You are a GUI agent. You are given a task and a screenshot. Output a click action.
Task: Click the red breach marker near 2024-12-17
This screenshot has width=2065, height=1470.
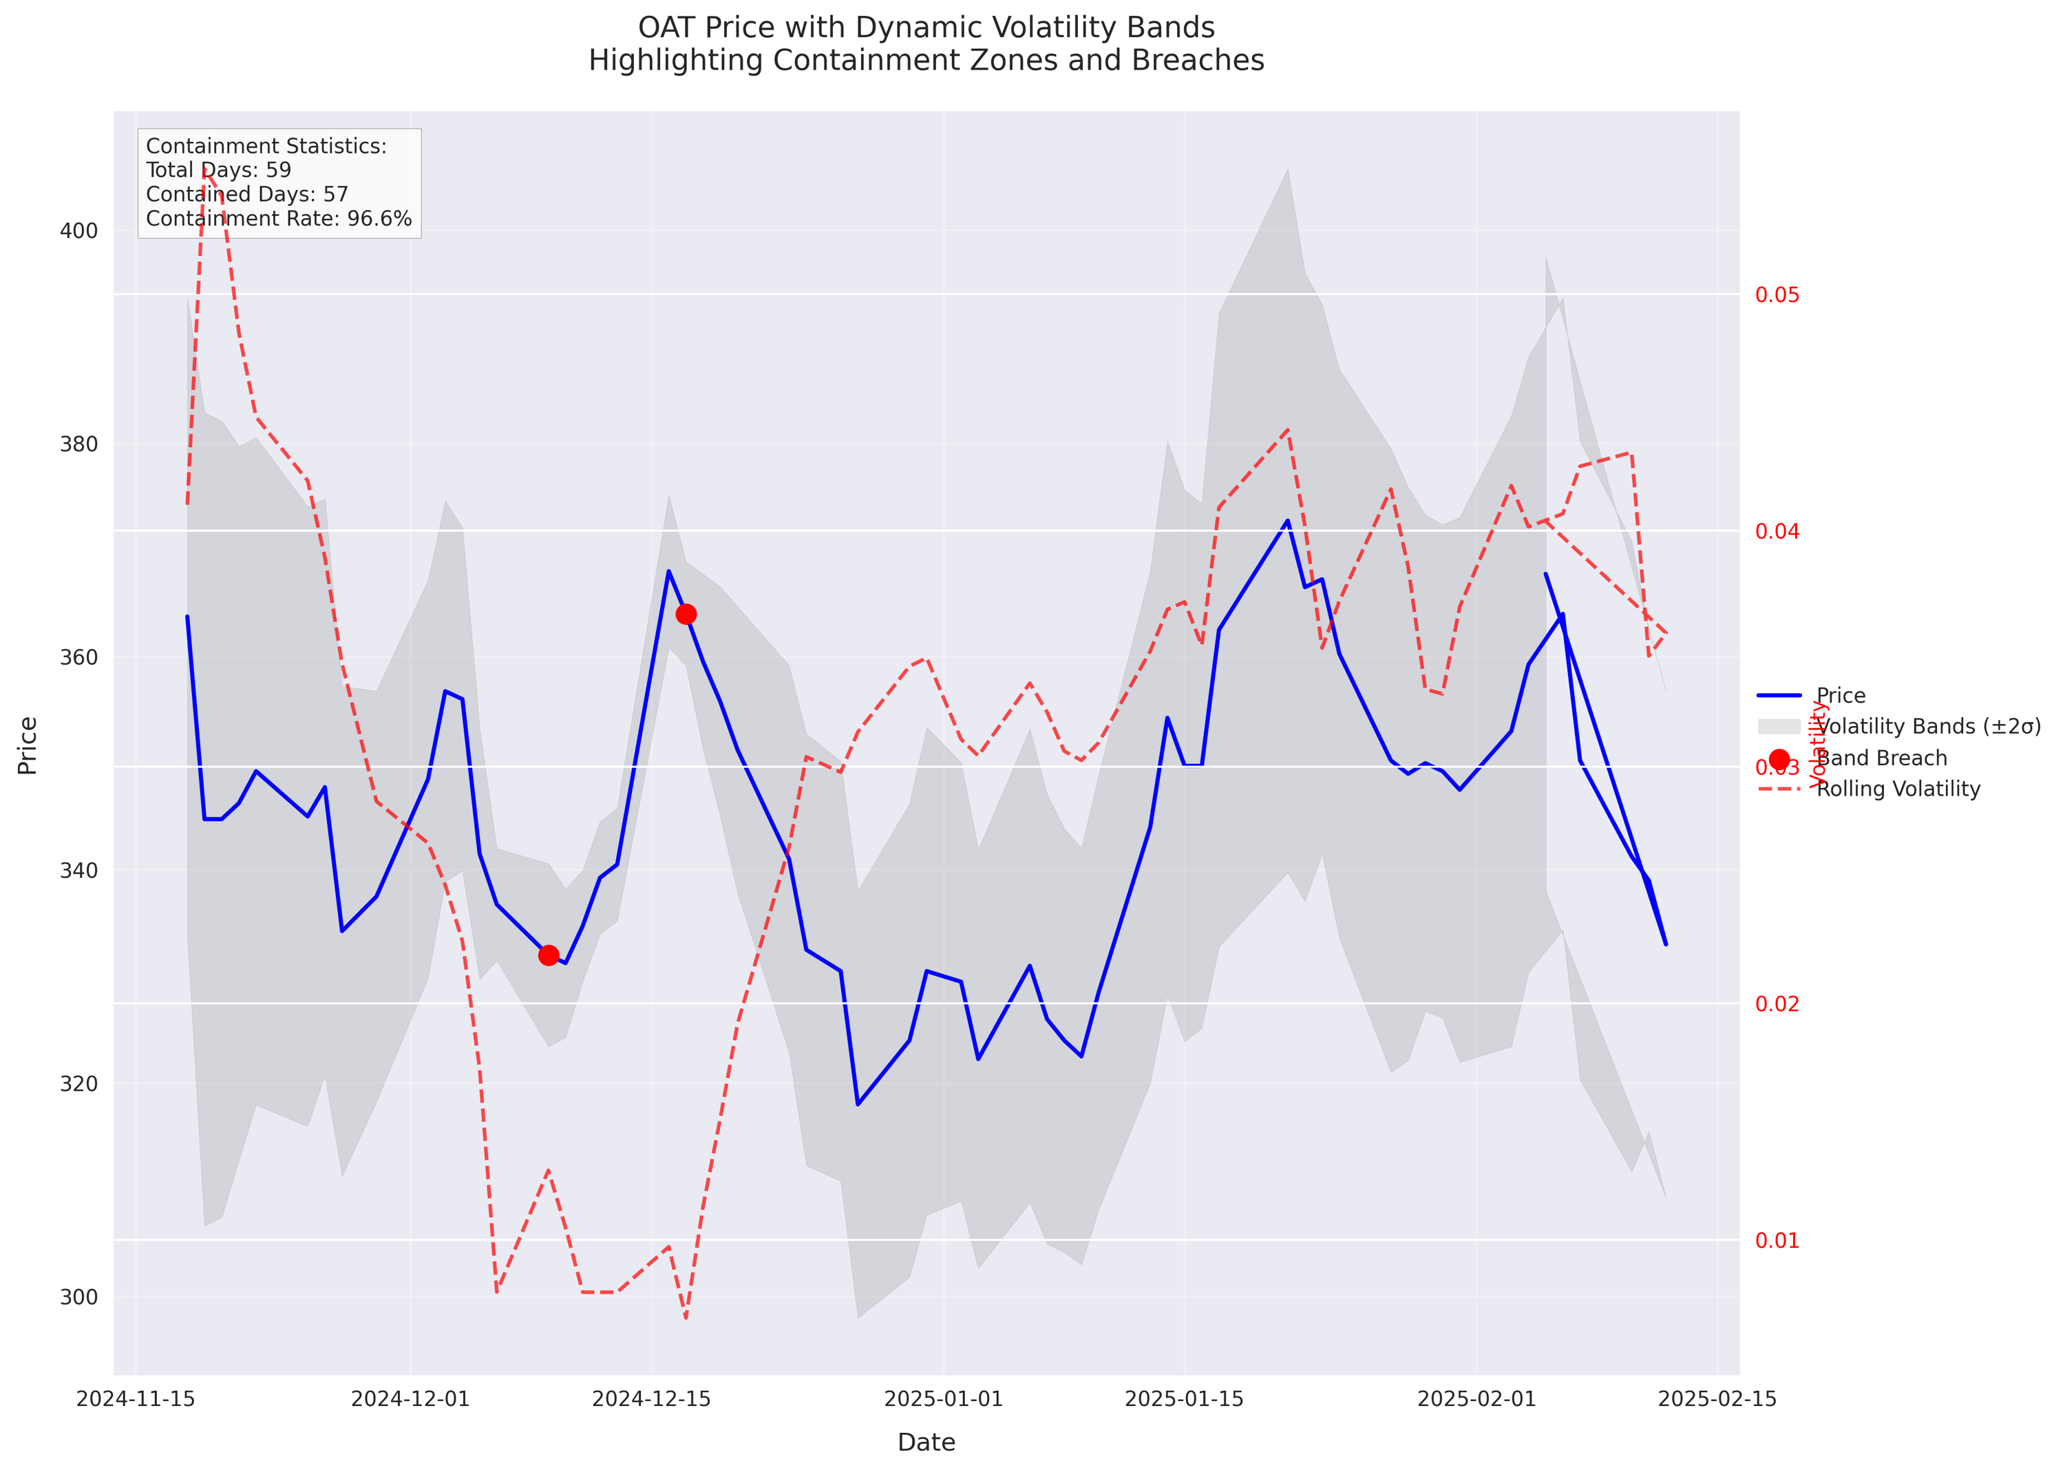pos(686,615)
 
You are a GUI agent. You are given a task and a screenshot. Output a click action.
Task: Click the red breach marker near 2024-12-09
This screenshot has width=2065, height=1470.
pos(549,955)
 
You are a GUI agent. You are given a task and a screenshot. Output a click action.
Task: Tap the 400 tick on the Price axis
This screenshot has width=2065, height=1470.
pos(78,231)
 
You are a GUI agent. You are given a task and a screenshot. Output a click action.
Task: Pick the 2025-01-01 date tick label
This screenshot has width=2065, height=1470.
pos(943,1399)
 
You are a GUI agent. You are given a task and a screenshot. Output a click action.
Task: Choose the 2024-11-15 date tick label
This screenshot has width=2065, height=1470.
pos(136,1399)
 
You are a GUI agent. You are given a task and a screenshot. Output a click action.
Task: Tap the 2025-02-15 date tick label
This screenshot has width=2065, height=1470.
pos(1717,1399)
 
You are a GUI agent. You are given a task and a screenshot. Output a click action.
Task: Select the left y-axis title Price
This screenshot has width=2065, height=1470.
pos(28,745)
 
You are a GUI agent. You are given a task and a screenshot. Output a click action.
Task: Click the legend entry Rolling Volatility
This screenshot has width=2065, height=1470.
pos(1898,789)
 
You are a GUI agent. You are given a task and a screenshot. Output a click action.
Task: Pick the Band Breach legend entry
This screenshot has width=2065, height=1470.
pos(1881,758)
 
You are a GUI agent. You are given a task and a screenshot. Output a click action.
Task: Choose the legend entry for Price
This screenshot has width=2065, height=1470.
pos(1841,696)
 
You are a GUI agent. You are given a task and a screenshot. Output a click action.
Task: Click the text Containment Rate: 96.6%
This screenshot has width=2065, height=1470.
pos(279,219)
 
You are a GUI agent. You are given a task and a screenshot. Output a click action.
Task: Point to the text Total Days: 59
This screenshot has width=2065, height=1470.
pos(218,170)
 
